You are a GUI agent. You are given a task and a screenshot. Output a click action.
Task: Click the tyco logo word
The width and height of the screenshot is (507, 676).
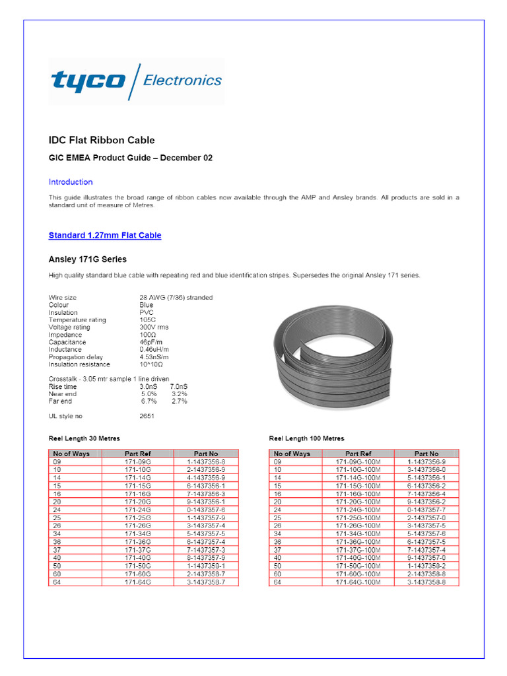[88, 82]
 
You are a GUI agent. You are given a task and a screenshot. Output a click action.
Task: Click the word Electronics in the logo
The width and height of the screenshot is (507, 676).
[182, 81]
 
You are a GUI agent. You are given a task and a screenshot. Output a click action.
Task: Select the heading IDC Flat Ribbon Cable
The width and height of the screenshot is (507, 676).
[102, 140]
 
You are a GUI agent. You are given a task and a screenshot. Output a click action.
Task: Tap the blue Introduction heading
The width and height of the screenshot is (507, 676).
[71, 182]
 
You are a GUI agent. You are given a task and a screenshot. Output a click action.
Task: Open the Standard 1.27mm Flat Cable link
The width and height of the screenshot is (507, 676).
[105, 236]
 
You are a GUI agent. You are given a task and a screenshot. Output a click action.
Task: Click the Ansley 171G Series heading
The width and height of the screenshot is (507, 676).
[87, 259]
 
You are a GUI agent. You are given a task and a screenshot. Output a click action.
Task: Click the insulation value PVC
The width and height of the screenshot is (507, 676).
[146, 313]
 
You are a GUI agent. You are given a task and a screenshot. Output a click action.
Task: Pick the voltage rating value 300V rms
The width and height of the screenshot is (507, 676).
[155, 327]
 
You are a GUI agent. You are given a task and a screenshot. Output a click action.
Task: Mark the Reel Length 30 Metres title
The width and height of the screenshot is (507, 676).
[84, 438]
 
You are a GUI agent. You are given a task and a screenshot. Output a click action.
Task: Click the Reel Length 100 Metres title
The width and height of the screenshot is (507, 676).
[306, 438]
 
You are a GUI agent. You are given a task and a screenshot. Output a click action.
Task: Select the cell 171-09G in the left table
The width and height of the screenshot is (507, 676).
[138, 462]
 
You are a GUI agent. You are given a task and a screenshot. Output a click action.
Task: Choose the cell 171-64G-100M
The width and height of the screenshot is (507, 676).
[358, 582]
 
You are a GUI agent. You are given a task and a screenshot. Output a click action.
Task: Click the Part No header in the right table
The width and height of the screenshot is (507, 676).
[426, 454]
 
